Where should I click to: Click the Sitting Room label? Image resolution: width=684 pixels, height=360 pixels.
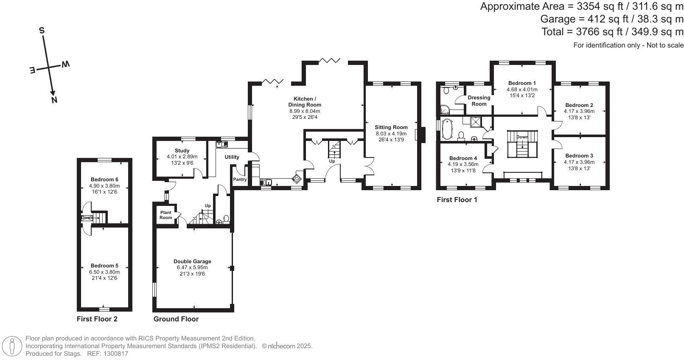pyautogui.click(x=391, y=127)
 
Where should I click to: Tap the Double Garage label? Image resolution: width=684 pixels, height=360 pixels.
pyautogui.click(x=192, y=261)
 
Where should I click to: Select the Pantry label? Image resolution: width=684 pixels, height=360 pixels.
pyautogui.click(x=240, y=180)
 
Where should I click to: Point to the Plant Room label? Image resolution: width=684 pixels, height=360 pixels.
pyautogui.click(x=166, y=215)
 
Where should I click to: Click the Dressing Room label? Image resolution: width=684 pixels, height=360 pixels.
pyautogui.click(x=479, y=101)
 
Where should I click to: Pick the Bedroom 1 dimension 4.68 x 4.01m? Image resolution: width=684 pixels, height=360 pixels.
pyautogui.click(x=522, y=90)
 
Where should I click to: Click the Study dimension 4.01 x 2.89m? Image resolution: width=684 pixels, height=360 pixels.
pyautogui.click(x=182, y=157)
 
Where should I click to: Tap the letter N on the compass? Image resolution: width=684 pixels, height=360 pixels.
pyautogui.click(x=54, y=100)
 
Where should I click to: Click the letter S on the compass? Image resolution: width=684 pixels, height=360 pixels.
pyautogui.click(x=42, y=30)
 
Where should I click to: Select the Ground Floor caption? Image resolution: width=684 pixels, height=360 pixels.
pyautogui.click(x=176, y=319)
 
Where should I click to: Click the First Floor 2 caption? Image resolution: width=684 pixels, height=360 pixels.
pyautogui.click(x=97, y=319)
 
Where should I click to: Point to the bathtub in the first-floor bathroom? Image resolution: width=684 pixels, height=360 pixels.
pyautogui.click(x=447, y=129)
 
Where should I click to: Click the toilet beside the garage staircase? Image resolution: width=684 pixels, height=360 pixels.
pyautogui.click(x=226, y=219)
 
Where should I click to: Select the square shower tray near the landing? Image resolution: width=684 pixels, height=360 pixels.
pyautogui.click(x=476, y=122)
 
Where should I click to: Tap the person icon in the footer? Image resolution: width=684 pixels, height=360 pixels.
pyautogui.click(x=12, y=346)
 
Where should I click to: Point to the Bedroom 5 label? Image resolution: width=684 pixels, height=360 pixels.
pyautogui.click(x=104, y=266)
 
